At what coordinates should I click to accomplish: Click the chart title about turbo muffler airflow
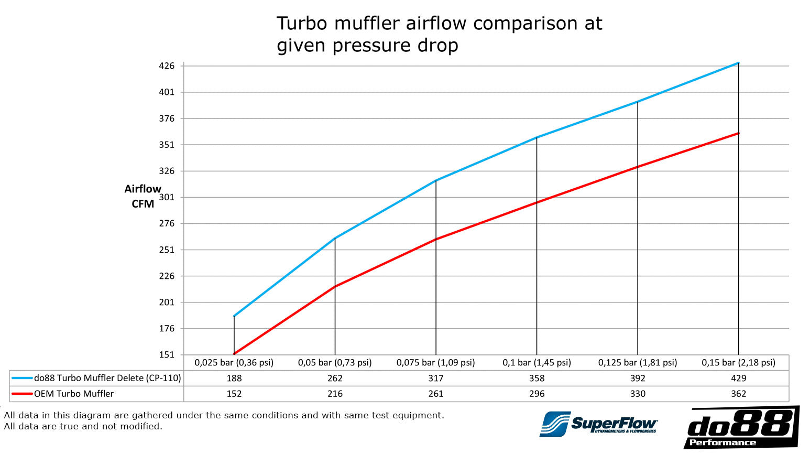[x=439, y=34]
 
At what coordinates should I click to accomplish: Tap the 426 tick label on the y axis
[x=167, y=66]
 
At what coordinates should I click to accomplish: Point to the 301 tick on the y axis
[x=167, y=197]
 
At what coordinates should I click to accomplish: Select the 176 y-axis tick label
[x=167, y=329]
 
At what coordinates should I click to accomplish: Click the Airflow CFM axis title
[x=143, y=196]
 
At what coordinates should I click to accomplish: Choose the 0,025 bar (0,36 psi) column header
[x=234, y=362]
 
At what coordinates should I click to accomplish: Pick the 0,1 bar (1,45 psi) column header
[x=537, y=362]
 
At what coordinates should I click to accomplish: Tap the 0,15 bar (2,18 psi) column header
[x=738, y=362]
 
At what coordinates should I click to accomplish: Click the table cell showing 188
[x=234, y=378]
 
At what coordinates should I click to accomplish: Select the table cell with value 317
[x=435, y=378]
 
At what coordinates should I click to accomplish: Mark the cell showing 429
[x=738, y=378]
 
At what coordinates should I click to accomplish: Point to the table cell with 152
[x=234, y=394]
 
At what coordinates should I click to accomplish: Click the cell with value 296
[x=537, y=394]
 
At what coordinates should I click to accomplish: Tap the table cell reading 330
[x=638, y=394]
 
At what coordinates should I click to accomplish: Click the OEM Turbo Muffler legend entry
[x=74, y=394]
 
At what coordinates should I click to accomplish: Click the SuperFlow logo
[x=598, y=424]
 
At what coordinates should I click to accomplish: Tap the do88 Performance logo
[x=741, y=427]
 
